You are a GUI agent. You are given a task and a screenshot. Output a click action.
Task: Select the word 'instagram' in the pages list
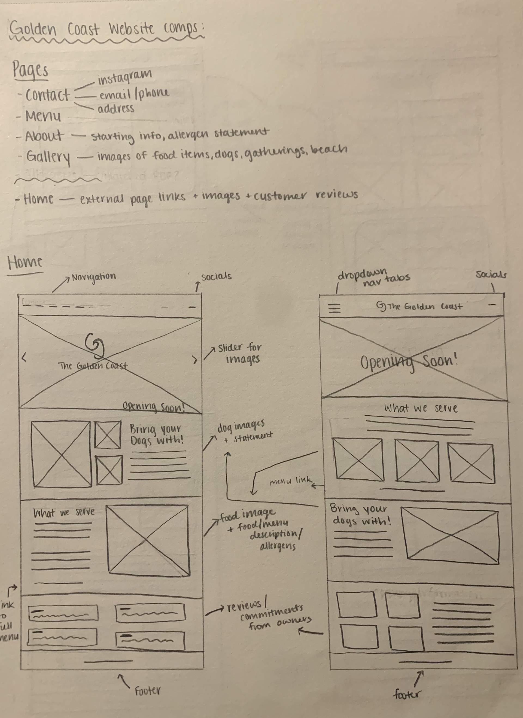pyautogui.click(x=125, y=77)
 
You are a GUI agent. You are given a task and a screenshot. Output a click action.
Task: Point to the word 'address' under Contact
pyautogui.click(x=116, y=109)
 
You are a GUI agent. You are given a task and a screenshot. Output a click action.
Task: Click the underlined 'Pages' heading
pyautogui.click(x=31, y=70)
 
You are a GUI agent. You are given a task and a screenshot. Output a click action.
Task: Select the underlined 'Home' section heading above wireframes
pyautogui.click(x=25, y=263)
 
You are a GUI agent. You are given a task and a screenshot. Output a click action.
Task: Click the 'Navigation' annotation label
pyautogui.click(x=94, y=277)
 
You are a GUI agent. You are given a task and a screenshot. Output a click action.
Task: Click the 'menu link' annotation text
pyautogui.click(x=290, y=481)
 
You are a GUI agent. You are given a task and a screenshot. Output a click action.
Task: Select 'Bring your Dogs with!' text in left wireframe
pyautogui.click(x=156, y=435)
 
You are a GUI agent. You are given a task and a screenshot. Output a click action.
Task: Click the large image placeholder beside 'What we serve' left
pyautogui.click(x=148, y=540)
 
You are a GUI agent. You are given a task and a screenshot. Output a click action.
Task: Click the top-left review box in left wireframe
pyautogui.click(x=63, y=613)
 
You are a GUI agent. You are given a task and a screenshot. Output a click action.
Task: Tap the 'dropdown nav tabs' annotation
pyautogui.click(x=373, y=277)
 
